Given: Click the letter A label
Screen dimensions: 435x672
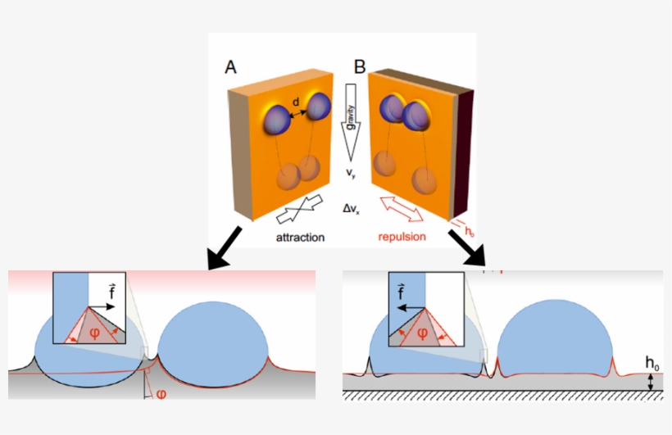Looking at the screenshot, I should click(x=232, y=67).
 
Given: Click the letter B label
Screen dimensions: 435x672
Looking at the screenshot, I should click(x=359, y=66).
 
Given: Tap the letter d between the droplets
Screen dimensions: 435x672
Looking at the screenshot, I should click(x=295, y=102).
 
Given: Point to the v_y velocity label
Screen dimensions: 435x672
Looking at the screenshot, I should click(x=350, y=174).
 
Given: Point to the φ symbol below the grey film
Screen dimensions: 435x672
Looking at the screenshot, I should click(x=161, y=393).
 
